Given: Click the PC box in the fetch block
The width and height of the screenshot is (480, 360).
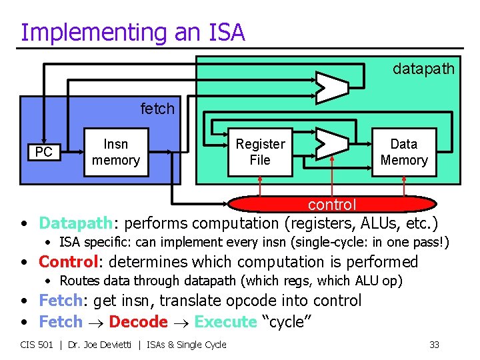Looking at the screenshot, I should click(x=43, y=153).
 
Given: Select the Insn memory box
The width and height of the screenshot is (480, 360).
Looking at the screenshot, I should click(x=116, y=152).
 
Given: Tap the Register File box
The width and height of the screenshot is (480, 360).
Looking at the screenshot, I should click(x=260, y=152).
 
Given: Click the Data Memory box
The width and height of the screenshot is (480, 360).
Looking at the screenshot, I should click(x=403, y=152).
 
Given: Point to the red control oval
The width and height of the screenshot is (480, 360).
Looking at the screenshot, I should click(x=331, y=204).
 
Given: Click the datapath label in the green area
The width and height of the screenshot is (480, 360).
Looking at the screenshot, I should click(x=423, y=69).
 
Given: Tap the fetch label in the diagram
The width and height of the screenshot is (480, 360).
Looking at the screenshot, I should click(x=157, y=109).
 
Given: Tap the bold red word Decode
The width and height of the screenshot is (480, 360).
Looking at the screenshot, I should click(x=138, y=321).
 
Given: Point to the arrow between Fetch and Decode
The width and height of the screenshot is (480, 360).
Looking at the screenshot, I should click(x=96, y=323).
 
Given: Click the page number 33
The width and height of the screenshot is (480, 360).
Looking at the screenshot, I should click(x=434, y=345).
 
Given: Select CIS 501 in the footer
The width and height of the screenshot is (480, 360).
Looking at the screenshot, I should click(x=37, y=345).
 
